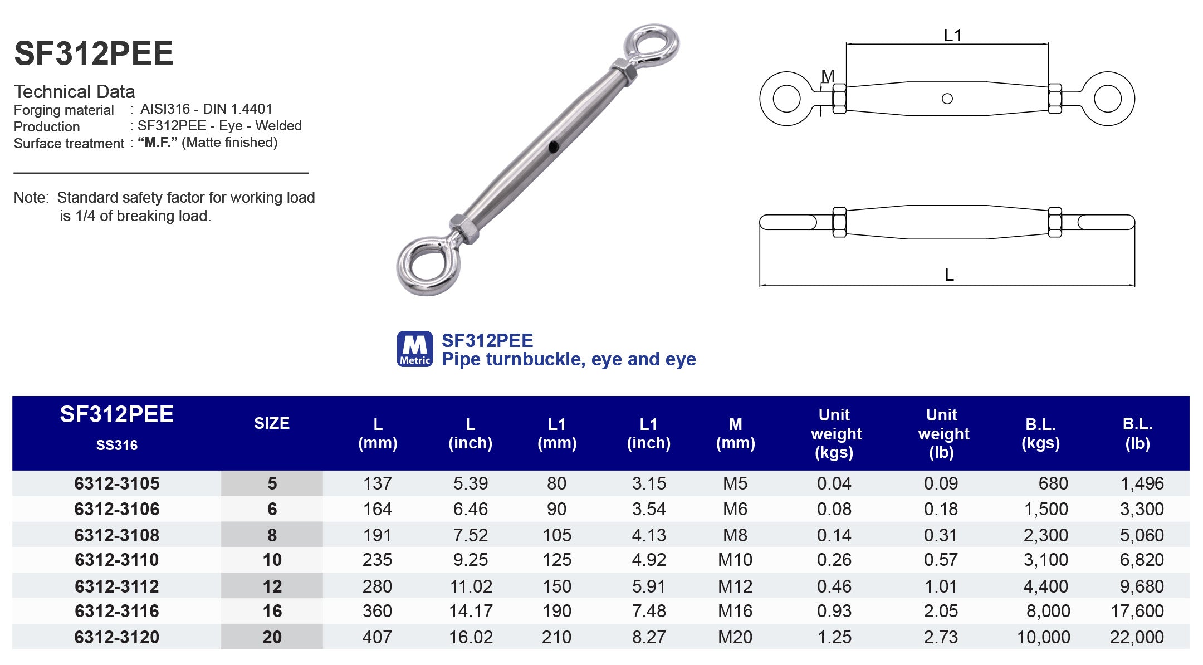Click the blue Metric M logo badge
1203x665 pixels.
pos(414,349)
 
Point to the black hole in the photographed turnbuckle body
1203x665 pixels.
pos(553,147)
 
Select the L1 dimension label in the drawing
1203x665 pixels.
pos(952,36)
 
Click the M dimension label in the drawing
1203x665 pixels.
pos(828,76)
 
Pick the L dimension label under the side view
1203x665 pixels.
pos(949,275)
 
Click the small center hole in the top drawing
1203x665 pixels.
pos(947,99)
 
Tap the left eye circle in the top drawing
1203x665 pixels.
pos(786,99)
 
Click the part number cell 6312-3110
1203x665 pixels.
pos(117,560)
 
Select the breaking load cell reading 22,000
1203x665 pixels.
pos(1137,637)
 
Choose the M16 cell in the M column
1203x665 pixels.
pos(735,611)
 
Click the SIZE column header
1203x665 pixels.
pos(272,423)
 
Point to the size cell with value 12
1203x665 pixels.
pos(272,586)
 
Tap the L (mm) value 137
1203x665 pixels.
pos(377,483)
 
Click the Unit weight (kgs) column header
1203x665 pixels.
pos(835,433)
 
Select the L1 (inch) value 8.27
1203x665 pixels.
pos(649,637)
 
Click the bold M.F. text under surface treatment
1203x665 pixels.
pos(158,143)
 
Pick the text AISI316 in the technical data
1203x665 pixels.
pos(165,109)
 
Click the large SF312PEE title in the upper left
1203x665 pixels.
pos(94,53)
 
